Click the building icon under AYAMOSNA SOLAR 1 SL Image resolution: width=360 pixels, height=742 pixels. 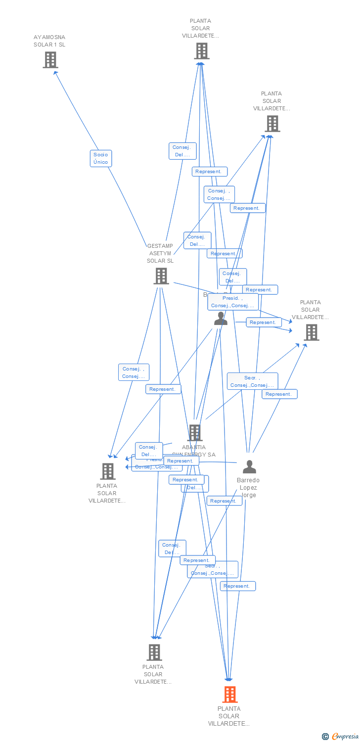[x=50, y=60]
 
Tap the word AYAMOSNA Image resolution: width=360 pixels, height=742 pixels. [x=49, y=37]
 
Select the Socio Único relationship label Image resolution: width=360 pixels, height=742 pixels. [x=100, y=158]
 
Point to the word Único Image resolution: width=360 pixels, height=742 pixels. [x=100, y=162]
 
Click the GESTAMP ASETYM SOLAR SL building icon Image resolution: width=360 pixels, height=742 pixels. [x=161, y=276]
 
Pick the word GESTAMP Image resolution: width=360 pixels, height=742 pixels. [x=160, y=246]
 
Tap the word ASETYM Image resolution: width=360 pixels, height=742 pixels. [x=160, y=253]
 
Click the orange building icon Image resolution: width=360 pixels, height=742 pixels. [x=229, y=695]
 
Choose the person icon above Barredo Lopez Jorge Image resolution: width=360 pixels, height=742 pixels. [x=249, y=466]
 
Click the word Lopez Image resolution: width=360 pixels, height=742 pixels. [x=248, y=488]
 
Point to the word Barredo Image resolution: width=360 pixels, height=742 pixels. [x=248, y=480]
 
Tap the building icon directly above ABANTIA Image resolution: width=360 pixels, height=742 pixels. [x=195, y=432]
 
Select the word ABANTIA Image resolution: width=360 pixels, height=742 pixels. [x=194, y=447]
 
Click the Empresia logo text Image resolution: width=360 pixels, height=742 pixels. [x=346, y=736]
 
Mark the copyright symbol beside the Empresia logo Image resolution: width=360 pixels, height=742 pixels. [x=325, y=737]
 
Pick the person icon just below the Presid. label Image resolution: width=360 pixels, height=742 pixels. [x=221, y=319]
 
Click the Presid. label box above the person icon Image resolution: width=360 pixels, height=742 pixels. [x=233, y=302]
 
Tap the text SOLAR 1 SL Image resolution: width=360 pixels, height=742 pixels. [x=49, y=45]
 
